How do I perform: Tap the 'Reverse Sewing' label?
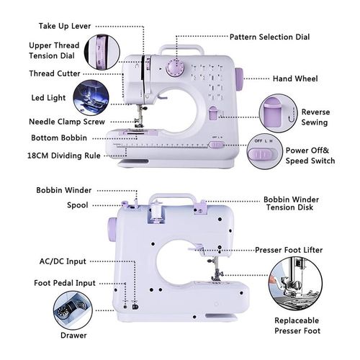click(x=315, y=117)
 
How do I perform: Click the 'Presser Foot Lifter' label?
click(x=299, y=250)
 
